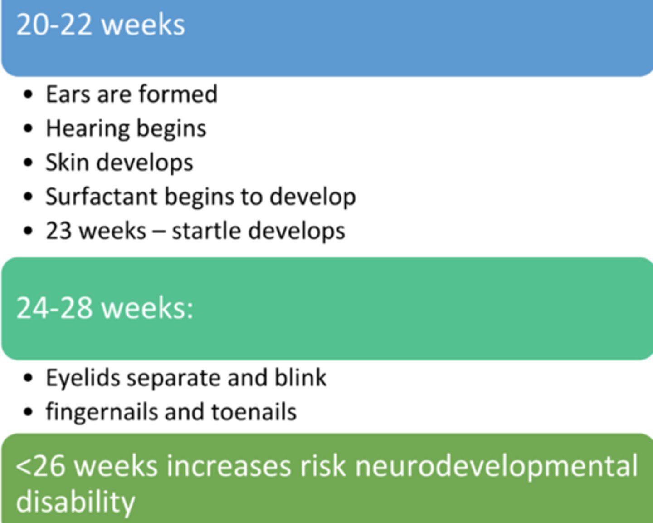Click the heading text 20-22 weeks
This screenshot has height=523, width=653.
pyautogui.click(x=100, y=25)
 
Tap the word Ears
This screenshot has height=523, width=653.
pyautogui.click(x=68, y=94)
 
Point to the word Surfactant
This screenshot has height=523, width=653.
pyautogui.click(x=101, y=197)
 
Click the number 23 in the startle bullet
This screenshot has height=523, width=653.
pyautogui.click(x=58, y=231)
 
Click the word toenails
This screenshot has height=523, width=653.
pyautogui.click(x=254, y=412)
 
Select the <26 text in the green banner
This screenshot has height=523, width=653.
pyautogui.click(x=40, y=466)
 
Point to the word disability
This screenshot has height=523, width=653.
pyautogui.click(x=75, y=502)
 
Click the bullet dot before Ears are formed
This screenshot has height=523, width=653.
pyautogui.click(x=28, y=94)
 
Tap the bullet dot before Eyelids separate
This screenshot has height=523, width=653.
pyautogui.click(x=28, y=378)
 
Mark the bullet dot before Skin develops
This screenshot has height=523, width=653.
pyautogui.click(x=28, y=163)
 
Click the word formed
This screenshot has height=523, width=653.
pyautogui.click(x=178, y=94)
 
